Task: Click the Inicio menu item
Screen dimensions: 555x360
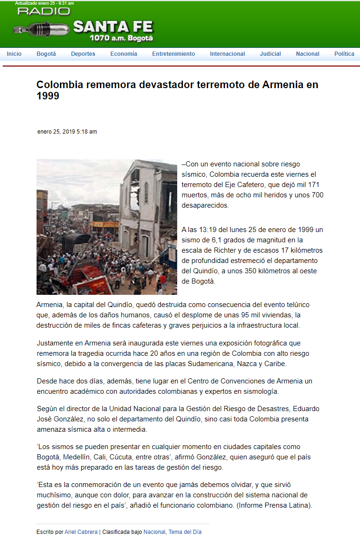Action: (14, 54)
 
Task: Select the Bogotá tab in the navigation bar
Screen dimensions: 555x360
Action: (46, 54)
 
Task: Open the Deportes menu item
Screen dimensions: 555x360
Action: (83, 54)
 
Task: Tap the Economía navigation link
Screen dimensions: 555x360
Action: (124, 54)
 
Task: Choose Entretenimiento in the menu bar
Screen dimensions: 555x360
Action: (173, 54)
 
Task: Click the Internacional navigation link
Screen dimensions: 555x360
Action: (227, 54)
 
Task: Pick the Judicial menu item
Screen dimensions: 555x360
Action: (270, 54)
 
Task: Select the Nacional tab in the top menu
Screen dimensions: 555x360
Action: (307, 54)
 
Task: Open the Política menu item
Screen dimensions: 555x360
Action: (344, 54)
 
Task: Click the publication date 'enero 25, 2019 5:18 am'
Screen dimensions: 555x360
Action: (67, 132)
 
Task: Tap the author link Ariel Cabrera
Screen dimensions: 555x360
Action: (81, 532)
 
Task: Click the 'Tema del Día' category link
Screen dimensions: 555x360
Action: (185, 532)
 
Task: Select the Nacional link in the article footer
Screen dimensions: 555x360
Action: (154, 532)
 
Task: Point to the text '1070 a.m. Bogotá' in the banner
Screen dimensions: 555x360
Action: (121, 38)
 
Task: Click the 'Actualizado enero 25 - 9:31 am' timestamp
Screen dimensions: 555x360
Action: (44, 3)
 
